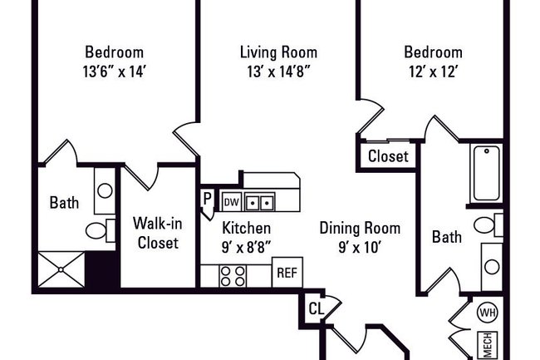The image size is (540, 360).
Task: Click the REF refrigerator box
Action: point(287,272)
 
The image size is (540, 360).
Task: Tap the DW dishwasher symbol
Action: point(231,202)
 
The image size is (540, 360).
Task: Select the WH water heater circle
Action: point(488,313)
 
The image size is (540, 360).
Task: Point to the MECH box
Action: point(488,345)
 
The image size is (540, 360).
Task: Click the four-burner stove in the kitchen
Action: point(233,276)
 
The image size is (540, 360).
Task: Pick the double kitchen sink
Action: point(260,202)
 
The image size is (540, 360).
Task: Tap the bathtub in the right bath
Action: point(486,173)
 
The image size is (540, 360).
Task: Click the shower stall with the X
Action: point(61,269)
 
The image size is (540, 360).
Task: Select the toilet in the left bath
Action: point(101,230)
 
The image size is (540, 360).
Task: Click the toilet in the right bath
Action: point(488,224)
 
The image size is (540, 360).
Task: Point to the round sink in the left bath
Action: point(105,190)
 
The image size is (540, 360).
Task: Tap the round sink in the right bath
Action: point(492,267)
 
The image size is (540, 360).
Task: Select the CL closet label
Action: point(317,308)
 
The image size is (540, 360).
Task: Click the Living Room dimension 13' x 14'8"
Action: point(278,72)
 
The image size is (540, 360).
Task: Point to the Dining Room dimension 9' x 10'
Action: point(360,247)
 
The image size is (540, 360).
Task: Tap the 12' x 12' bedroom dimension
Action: point(433,72)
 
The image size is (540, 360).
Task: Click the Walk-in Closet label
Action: point(158,233)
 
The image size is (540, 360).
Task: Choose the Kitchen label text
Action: point(246,228)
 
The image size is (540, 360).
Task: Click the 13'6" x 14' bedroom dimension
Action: point(115,72)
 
